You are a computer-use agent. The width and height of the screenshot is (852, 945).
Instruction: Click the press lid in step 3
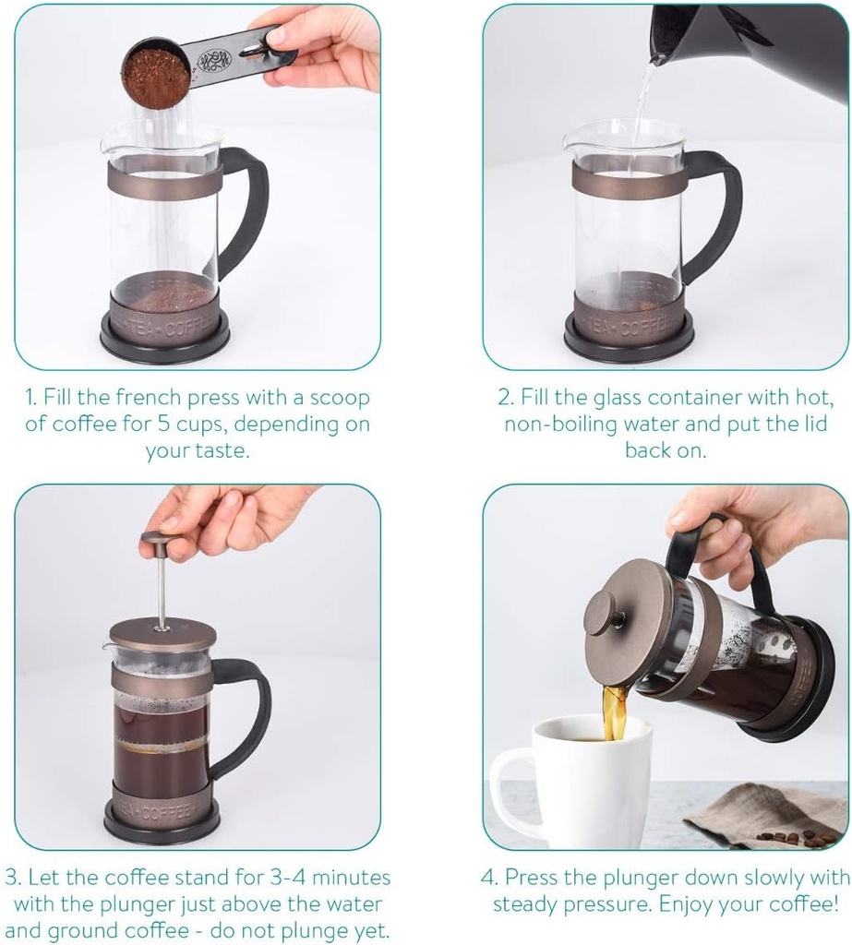[x=162, y=635]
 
